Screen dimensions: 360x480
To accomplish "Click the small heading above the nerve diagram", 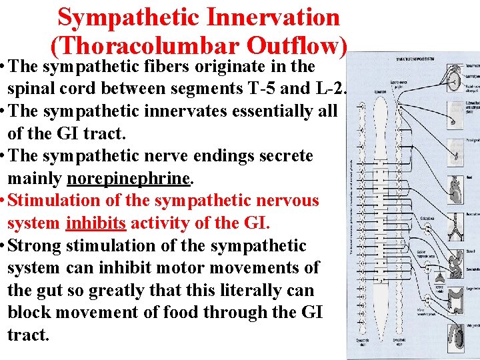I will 417,60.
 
